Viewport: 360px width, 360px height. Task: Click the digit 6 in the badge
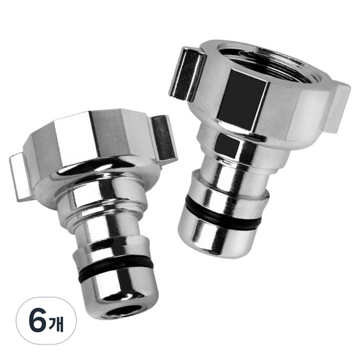pyautogui.click(x=38, y=320)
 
